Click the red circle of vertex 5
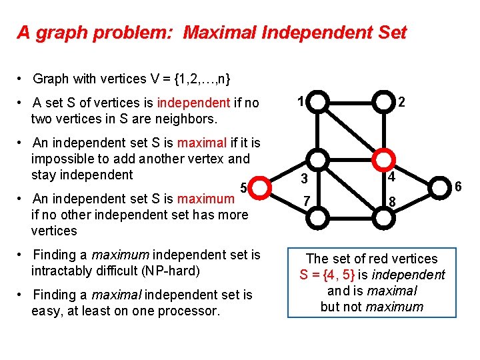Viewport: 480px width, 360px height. (259, 187)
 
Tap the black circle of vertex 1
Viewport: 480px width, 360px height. (319, 102)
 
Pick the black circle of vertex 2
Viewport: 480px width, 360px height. (383, 102)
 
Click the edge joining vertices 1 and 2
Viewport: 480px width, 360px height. (351, 102)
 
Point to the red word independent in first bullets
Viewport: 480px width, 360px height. (193, 103)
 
